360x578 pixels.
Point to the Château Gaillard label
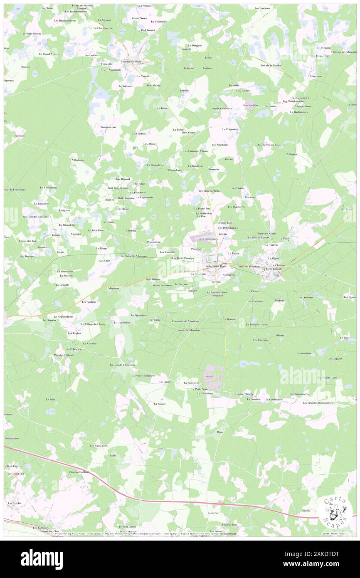point(79,472)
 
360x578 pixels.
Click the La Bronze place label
point(160,404)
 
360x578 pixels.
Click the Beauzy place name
point(306,510)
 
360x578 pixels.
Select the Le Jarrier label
point(213,513)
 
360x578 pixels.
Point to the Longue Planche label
point(244,393)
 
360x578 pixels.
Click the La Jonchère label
point(304,353)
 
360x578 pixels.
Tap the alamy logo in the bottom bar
point(42,559)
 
